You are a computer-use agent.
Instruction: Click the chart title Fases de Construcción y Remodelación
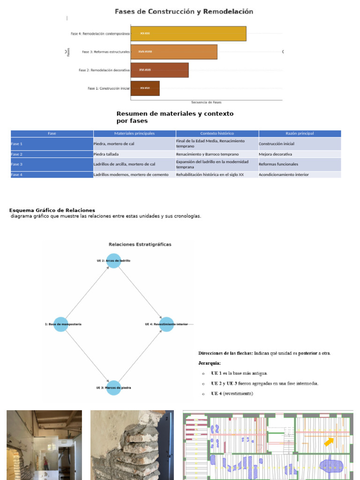click(184, 12)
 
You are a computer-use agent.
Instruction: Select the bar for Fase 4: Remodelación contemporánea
click(188, 34)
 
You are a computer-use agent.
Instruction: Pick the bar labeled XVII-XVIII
click(174, 52)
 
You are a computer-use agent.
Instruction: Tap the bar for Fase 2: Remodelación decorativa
click(159, 70)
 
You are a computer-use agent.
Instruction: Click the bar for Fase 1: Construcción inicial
click(145, 88)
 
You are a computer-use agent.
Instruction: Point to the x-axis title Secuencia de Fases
click(206, 102)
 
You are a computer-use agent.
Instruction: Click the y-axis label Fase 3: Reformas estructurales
click(105, 52)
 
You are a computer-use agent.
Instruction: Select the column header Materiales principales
click(135, 134)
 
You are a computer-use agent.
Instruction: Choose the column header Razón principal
click(300, 134)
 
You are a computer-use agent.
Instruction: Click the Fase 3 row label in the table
click(17, 165)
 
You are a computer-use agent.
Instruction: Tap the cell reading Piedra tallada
click(106, 154)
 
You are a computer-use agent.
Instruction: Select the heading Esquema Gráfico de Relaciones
click(52, 210)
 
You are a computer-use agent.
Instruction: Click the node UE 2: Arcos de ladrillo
click(113, 261)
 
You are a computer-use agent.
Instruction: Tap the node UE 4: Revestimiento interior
click(166, 324)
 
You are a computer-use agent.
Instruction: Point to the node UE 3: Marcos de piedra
click(113, 388)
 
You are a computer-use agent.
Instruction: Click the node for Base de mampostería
click(61, 324)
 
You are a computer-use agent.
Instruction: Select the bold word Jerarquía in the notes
click(210, 363)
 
